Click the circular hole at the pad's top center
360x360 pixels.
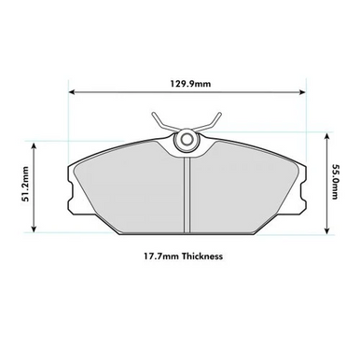click(x=187, y=140)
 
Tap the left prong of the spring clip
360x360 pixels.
click(x=155, y=119)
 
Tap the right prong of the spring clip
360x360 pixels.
click(x=217, y=119)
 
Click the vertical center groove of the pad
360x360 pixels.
click(x=187, y=191)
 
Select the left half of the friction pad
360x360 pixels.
click(x=131, y=191)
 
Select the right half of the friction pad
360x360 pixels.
click(x=242, y=191)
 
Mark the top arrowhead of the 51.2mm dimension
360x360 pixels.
click(x=35, y=144)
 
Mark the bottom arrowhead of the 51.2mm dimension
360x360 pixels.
click(x=35, y=229)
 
